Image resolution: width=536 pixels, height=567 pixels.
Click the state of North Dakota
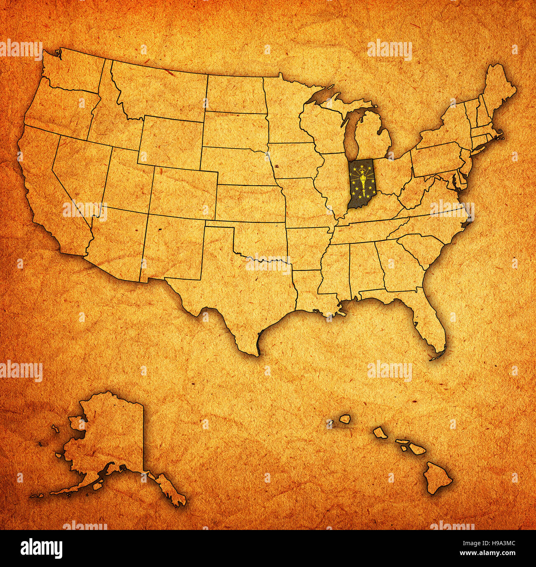(x=235, y=95)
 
